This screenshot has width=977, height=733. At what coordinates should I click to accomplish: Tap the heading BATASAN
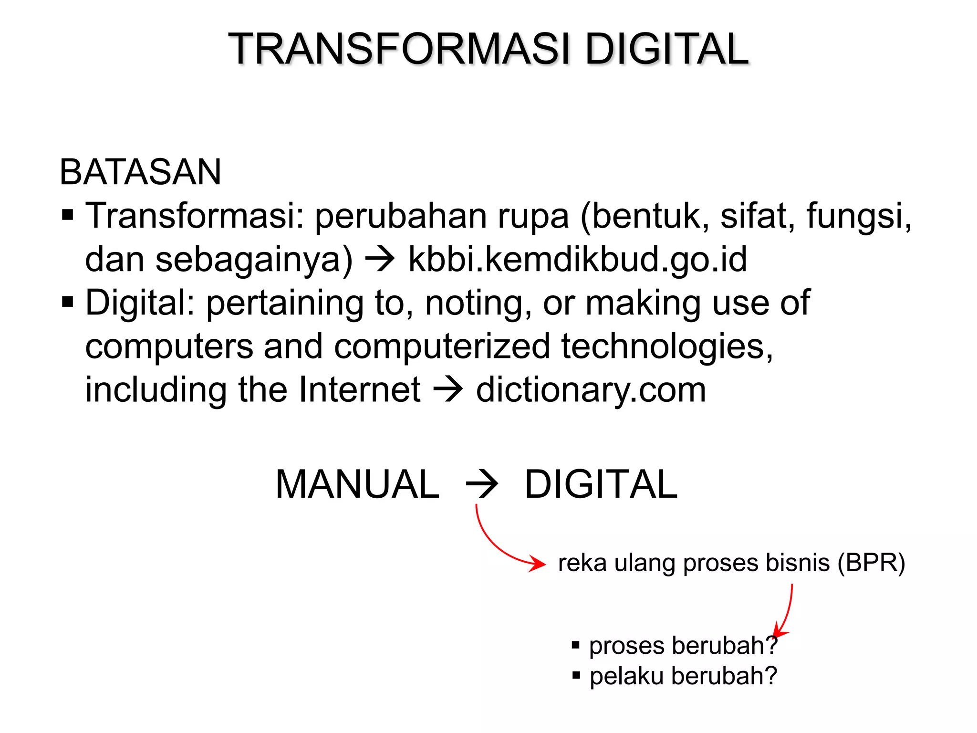point(140,172)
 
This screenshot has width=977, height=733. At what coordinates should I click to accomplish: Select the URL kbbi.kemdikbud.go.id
point(577,259)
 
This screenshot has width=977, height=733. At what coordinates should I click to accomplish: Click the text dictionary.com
point(591,390)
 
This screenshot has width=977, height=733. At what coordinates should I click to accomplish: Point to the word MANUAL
point(357,484)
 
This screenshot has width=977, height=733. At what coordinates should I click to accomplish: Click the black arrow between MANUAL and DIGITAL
point(482,485)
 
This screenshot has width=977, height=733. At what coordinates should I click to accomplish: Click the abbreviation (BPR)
point(871,563)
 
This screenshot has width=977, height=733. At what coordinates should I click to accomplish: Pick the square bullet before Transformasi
point(68,216)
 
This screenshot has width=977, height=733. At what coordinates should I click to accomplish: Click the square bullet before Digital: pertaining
point(68,303)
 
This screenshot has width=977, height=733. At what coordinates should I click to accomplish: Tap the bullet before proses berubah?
point(576,646)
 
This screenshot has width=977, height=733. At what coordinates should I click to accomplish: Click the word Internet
point(359,390)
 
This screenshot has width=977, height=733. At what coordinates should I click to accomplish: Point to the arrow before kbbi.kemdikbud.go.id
point(380,259)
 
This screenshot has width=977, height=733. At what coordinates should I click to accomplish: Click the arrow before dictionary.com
point(448,389)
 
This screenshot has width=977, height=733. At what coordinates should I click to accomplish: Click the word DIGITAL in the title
point(666,49)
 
